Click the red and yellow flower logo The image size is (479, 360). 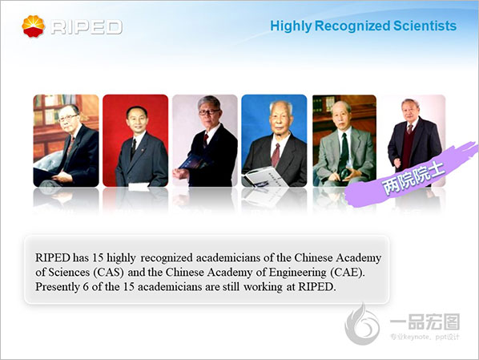[x=34, y=26]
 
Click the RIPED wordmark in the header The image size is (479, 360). [x=87, y=27]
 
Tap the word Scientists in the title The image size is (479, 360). [x=425, y=26]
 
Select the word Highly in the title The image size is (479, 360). [x=291, y=26]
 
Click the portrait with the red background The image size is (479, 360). [x=135, y=140]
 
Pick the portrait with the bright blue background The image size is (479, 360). [x=274, y=140]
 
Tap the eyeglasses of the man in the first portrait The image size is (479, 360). [x=67, y=118]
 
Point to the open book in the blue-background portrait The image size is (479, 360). [x=264, y=176]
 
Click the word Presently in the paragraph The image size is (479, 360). [x=57, y=287]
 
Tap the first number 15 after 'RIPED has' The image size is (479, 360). [x=98, y=257]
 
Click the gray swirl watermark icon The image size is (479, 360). [x=362, y=324]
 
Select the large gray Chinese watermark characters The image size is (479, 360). [x=425, y=322]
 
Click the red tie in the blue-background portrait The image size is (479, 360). [x=276, y=155]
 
